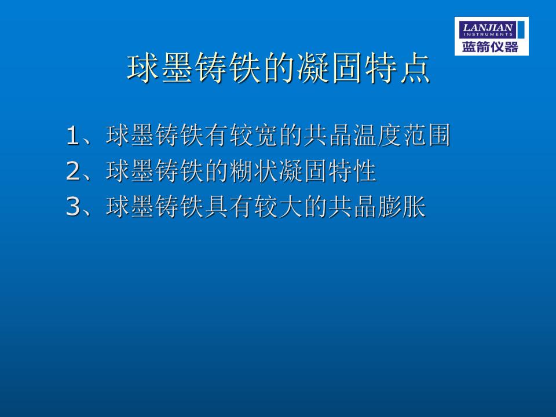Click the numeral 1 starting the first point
pos(72,136)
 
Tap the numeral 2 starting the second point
pos(73,171)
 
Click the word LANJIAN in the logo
pos(488,27)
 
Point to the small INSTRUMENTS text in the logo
pos(488,35)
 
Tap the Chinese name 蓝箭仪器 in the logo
pos(490,47)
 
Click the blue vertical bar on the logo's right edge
pos(521,30)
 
